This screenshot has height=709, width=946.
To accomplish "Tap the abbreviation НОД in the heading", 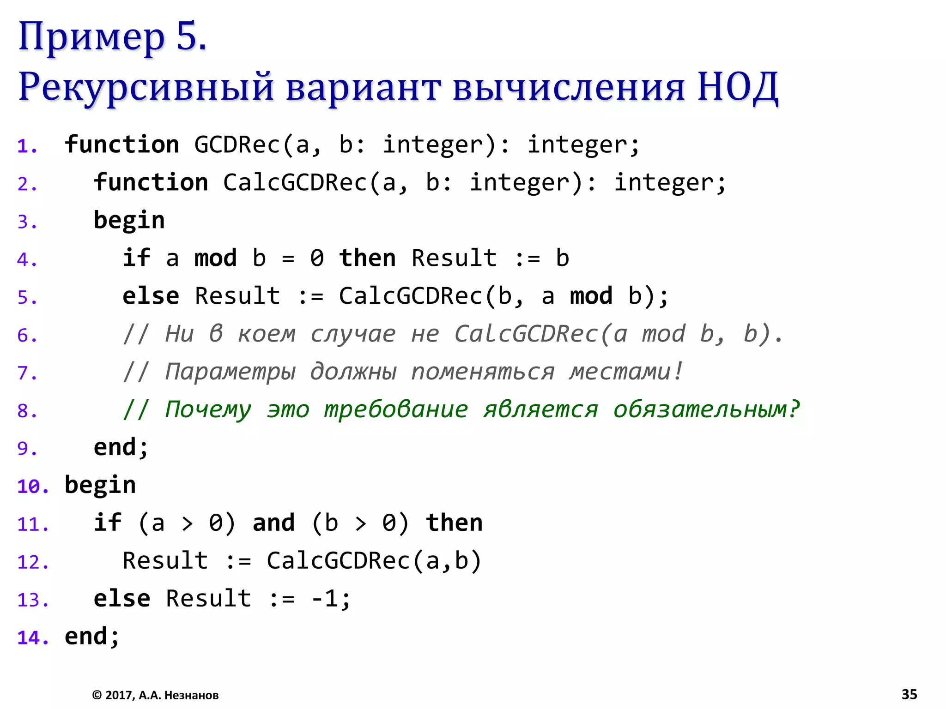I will point(738,87).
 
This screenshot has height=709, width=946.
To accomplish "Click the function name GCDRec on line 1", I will point(237,145).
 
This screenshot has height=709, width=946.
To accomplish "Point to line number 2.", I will point(27,184).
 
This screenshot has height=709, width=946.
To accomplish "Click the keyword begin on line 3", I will point(129,221).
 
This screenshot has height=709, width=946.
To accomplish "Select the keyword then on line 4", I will point(367,258).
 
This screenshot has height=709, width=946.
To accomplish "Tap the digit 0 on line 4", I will point(317,258).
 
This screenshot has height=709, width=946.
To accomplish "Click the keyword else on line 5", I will point(151,296).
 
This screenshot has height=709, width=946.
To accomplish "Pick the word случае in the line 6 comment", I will point(353,334).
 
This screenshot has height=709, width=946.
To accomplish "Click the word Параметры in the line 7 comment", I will point(230,372).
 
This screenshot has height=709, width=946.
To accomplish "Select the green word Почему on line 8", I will point(208,410).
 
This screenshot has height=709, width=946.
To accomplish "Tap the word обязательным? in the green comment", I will point(706,410).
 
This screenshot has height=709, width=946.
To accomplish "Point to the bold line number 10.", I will point(32,487).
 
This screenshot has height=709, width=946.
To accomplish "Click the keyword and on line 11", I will point(273,523).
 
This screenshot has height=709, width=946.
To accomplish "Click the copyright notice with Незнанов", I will point(155,695).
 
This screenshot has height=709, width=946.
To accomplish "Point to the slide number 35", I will point(909,694).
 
